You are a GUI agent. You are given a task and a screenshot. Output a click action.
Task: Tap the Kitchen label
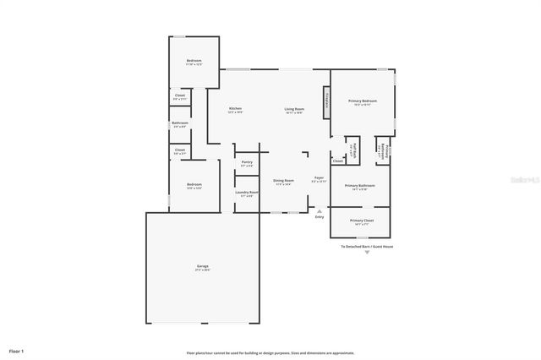236,110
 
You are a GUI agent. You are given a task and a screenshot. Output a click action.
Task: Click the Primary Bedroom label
363,102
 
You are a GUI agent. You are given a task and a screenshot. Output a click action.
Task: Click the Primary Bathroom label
360,187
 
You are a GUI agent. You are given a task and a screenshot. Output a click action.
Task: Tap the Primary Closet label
361,222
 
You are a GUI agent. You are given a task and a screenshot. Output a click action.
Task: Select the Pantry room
247,163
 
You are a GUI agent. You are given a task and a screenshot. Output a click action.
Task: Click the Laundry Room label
247,194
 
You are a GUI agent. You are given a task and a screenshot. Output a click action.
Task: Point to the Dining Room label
283,182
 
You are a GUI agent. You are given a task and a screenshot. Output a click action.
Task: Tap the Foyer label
319,178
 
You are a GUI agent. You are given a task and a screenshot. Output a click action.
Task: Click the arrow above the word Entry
319,210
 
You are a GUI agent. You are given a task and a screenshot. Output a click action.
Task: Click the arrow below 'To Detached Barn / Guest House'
367,253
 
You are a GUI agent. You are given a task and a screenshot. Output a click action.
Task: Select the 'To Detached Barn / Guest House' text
367,247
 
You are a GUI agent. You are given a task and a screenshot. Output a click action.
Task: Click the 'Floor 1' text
17,350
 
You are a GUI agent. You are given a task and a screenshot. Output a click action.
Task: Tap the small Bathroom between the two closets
180,125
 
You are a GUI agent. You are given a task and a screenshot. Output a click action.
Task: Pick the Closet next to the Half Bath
337,161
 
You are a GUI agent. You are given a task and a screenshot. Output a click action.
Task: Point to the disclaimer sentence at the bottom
270,352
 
